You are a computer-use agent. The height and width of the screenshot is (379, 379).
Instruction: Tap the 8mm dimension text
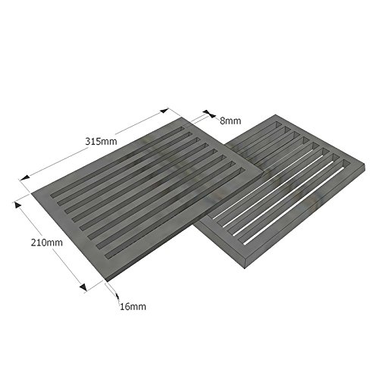[230, 120]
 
